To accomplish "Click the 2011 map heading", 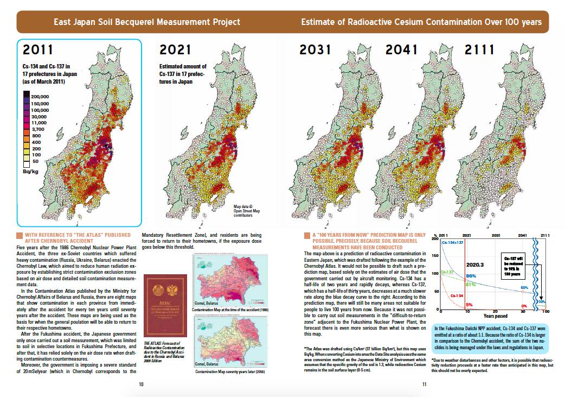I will (x=34, y=50).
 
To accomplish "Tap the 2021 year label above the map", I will (x=175, y=50).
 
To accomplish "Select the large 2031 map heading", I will (x=316, y=50).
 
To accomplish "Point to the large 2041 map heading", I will (x=401, y=50).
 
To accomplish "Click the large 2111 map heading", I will (x=479, y=50).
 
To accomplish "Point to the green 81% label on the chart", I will (x=471, y=284).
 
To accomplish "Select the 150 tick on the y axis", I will (x=434, y=254).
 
